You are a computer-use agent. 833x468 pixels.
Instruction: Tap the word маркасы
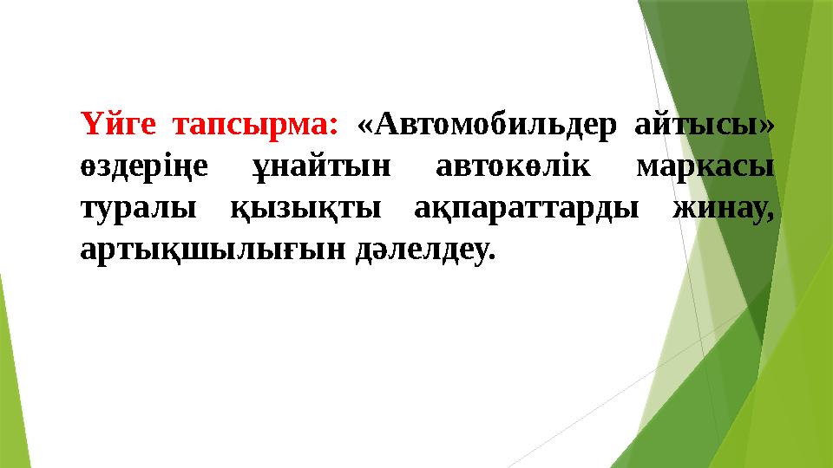pyautogui.click(x=705, y=166)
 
